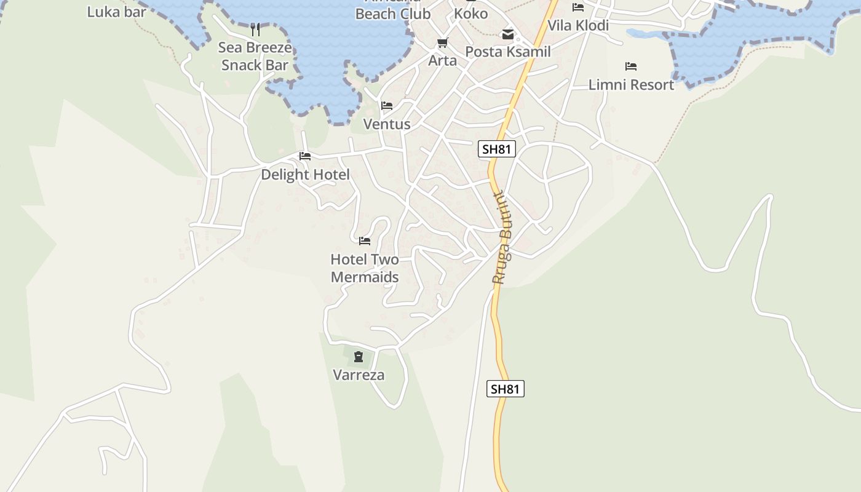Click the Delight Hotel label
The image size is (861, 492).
pos(305,175)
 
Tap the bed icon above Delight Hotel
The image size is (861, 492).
pos(305,156)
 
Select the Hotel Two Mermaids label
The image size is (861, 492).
pos(365,268)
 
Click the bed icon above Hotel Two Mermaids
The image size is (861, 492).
pos(365,240)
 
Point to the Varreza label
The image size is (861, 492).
pos(359,375)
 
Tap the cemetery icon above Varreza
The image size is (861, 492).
pos(359,356)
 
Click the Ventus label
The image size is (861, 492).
pos(387,124)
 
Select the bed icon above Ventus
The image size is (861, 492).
pos(387,106)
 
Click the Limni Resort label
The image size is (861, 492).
pos(631,85)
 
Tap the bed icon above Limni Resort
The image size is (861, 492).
pos(631,66)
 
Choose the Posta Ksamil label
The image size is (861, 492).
pos(508,52)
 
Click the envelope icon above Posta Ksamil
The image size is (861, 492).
pos(508,34)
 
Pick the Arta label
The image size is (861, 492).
pos(443,60)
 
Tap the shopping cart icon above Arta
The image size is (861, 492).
pos(443,42)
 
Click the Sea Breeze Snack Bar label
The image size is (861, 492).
pos(255,56)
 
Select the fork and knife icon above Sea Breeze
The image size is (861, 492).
pos(255,29)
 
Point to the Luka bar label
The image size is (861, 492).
pos(117,12)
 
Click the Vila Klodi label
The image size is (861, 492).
pos(578,25)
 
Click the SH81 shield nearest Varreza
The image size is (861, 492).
pos(506,389)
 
